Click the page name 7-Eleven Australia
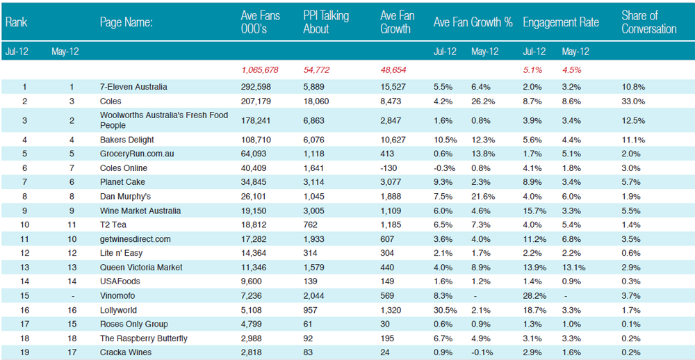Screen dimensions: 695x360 tap(133, 87)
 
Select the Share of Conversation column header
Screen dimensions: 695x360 tap(649, 23)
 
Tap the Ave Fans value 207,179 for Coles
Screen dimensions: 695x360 tap(256, 101)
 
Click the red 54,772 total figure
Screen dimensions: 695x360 tap(316, 70)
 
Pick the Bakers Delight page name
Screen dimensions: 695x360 tap(127, 140)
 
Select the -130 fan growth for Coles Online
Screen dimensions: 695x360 tap(388, 168)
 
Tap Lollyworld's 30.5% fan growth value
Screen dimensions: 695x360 tap(443, 310)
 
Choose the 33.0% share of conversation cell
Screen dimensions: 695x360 tap(633, 101)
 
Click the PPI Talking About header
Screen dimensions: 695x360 tap(326, 23)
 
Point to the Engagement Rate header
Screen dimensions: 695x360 tap(561, 22)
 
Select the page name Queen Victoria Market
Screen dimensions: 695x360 tap(141, 268)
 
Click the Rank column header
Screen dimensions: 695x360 tap(17, 22)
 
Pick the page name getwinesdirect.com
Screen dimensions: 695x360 tap(136, 239)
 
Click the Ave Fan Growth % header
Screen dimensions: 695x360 tap(473, 22)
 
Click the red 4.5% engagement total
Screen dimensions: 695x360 tap(571, 70)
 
